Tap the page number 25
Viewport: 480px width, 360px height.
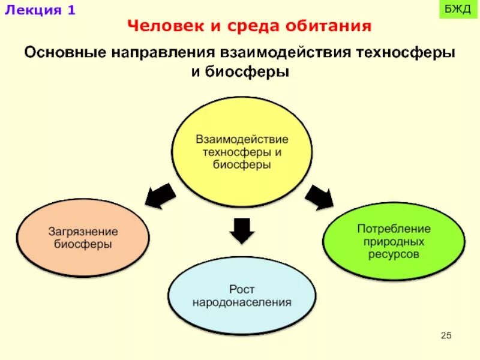[x=446, y=335]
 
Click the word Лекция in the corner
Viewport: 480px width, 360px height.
[x=31, y=11]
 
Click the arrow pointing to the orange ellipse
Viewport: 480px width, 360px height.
[x=160, y=196]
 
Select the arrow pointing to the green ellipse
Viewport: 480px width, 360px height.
[x=319, y=196]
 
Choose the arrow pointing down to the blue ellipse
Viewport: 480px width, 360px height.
[x=242, y=230]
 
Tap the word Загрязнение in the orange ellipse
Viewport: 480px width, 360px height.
[x=83, y=232]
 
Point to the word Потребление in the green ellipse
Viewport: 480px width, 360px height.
[x=394, y=229]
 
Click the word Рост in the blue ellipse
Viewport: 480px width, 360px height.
[x=242, y=290]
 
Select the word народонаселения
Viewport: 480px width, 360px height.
[x=242, y=302]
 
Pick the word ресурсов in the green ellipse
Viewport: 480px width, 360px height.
[x=394, y=254]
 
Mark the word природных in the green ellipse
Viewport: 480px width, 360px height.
[x=394, y=242]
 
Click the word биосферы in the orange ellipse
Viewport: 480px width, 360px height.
[x=83, y=244]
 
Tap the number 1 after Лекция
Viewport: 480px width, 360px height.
[x=71, y=11]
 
